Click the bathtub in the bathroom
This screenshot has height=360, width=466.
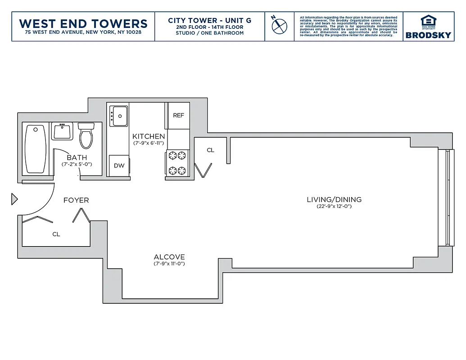[35, 149]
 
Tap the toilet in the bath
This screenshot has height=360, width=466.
[86, 135]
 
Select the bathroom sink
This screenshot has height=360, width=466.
[62, 132]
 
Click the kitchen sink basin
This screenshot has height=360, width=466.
[119, 116]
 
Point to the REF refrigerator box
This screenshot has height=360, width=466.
[178, 116]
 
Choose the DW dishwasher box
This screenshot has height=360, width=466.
[119, 166]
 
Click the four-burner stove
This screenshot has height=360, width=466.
[177, 163]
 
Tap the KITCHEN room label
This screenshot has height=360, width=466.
[149, 136]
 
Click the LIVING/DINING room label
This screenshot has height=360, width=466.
[334, 200]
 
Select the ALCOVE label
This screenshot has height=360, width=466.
[169, 257]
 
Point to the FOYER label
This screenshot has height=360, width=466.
[76, 200]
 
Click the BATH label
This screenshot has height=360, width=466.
[77, 157]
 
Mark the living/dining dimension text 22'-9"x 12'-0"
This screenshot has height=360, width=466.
[334, 207]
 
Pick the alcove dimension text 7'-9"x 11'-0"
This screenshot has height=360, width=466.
[169, 264]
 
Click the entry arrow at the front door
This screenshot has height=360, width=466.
[14, 199]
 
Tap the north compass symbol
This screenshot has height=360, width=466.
[279, 25]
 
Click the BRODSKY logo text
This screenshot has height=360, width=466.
[428, 35]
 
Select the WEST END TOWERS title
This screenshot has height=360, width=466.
[83, 23]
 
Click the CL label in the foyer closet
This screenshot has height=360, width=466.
[56, 234]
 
